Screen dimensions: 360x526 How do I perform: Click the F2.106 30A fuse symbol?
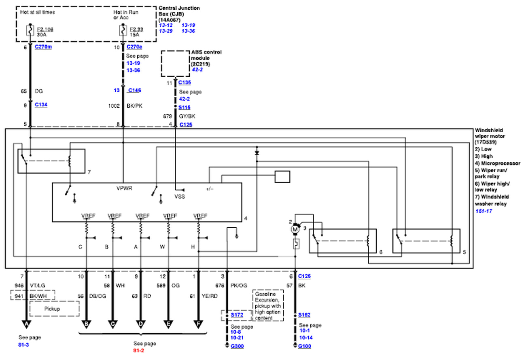coord(30,30)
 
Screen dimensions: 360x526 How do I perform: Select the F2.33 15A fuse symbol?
coord(122,30)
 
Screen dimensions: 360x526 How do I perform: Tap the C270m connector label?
coord(43,47)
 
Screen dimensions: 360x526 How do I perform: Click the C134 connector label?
coord(41,104)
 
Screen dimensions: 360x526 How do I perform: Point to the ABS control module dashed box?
coord(175,64)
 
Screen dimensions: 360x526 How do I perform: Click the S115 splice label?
coord(185,108)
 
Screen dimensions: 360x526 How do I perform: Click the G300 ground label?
coord(238,346)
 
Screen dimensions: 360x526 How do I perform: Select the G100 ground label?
coord(305,346)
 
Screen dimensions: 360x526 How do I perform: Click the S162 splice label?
coord(305,314)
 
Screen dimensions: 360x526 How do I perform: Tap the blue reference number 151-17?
coord(484,211)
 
